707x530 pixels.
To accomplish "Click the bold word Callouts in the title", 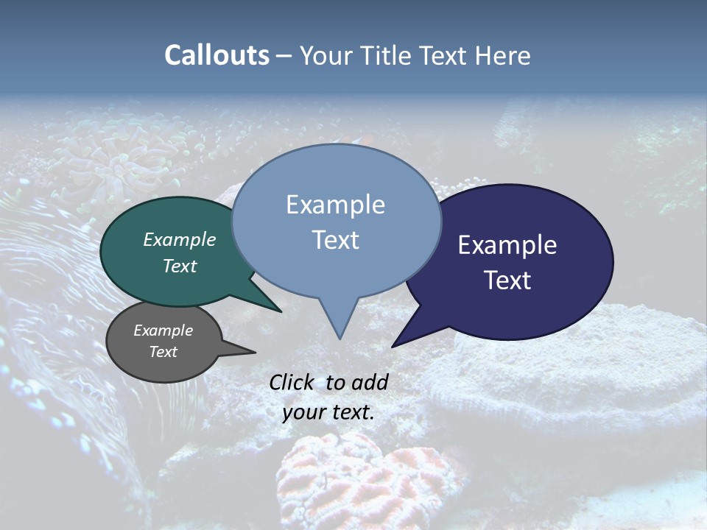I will click(217, 55).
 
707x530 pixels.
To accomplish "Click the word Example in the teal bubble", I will click(179, 239).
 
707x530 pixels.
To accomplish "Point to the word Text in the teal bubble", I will click(179, 266).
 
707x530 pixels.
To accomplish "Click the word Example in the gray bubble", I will click(163, 331).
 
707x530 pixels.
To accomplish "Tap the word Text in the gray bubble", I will click(163, 352).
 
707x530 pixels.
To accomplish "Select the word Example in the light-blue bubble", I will click(335, 205).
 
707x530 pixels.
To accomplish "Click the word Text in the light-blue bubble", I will click(335, 240).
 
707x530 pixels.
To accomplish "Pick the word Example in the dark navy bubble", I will click(507, 245).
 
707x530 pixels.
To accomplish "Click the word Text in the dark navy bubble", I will click(507, 280).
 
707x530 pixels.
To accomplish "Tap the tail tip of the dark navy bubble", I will click(394, 346).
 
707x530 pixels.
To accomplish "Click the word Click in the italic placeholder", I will click(293, 382).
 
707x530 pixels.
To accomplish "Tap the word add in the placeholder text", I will click(369, 382).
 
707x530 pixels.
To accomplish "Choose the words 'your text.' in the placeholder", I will click(328, 412).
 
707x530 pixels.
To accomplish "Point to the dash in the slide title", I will click(284, 56).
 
